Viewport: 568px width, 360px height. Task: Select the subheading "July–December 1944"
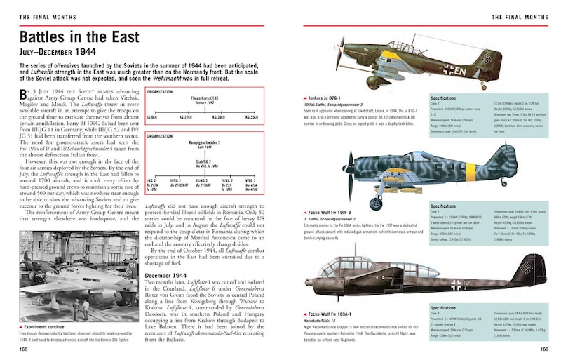coord(61,51)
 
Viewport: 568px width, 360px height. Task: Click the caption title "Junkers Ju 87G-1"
coord(325,98)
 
